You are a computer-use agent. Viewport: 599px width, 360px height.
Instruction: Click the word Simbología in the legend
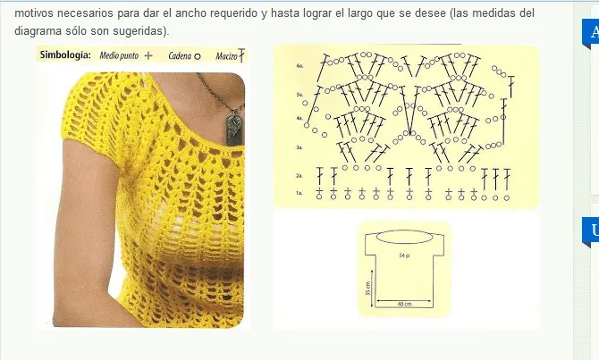point(65,54)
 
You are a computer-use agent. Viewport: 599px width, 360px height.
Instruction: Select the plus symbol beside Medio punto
point(148,54)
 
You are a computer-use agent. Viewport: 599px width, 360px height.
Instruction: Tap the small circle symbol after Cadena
point(197,55)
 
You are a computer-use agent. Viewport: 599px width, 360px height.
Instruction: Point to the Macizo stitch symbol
point(241,55)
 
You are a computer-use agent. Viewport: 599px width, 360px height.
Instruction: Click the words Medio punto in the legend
point(121,54)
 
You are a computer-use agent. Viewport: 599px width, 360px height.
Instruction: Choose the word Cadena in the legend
point(180,54)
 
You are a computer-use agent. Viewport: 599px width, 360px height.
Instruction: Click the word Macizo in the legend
point(226,55)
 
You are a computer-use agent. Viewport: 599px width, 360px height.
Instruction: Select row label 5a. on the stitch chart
point(299,94)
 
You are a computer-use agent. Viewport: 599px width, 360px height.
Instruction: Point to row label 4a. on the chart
point(299,118)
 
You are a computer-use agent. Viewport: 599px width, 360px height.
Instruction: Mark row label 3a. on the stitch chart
point(299,146)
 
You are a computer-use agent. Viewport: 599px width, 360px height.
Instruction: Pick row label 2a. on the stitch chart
point(299,176)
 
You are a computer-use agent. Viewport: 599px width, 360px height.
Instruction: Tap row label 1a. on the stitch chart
point(299,193)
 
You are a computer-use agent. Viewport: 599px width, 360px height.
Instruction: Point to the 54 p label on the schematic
point(404,255)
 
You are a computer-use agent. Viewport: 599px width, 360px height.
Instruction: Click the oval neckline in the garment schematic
point(404,237)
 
